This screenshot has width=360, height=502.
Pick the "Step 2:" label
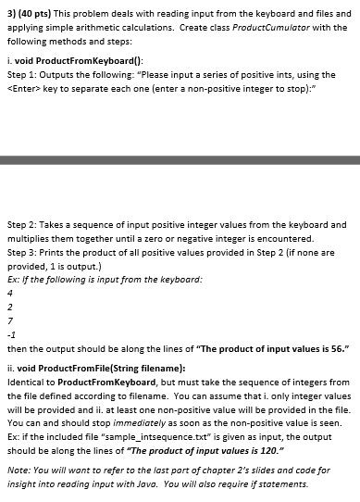point(23,223)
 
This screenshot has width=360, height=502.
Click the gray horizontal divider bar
point(180,161)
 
